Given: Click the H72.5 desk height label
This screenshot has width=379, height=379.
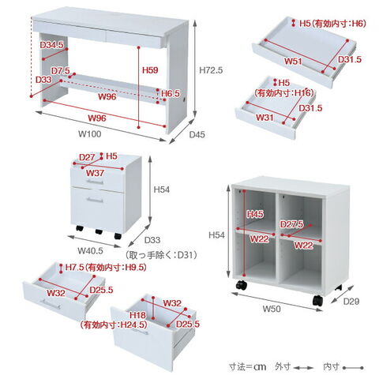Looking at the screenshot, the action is pos(211,70).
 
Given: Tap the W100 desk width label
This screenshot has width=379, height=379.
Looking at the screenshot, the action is pos(89,134).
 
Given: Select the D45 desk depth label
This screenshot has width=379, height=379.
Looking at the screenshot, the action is pos(197,134).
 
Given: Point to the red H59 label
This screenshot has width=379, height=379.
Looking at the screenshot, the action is pos(150,70).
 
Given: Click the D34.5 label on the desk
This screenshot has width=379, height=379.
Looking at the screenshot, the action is pos(52,45).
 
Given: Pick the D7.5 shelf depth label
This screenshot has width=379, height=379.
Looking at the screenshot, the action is pos(61,70).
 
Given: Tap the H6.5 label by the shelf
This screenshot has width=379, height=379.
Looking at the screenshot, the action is pos(171,93).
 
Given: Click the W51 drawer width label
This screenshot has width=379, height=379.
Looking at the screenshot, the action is pos(293,62).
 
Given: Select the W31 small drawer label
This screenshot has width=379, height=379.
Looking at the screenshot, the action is pos(265,117).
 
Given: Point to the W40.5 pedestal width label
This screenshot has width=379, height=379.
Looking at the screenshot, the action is pos(90,250).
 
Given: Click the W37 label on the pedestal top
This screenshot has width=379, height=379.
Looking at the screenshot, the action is pos(95,173).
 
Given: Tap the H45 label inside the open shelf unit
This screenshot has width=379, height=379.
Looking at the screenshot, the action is pos(255,214).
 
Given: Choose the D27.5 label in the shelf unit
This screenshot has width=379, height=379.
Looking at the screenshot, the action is pos(291,224).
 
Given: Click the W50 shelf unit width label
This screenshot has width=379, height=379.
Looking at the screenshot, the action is pos(272,309).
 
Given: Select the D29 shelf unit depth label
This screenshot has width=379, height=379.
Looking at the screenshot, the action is pos(351,301).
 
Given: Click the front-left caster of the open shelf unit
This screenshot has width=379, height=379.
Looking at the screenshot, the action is pos(242,285).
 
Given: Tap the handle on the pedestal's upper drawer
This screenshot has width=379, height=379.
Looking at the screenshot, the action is pos(95,182).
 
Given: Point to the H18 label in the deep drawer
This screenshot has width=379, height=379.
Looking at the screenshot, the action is pos(137,315).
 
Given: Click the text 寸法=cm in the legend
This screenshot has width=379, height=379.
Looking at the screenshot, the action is pos(247,366).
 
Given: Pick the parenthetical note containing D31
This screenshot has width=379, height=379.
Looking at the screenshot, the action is pos(161,255).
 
